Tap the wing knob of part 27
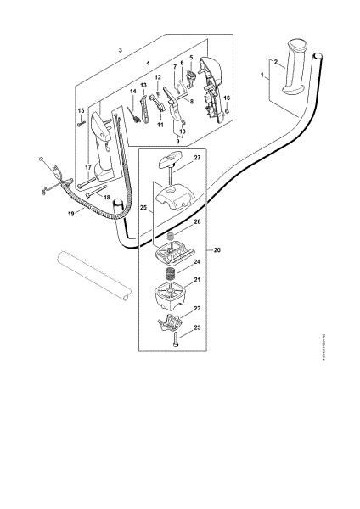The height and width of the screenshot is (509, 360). pyautogui.click(x=170, y=158)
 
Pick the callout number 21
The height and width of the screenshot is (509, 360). pyautogui.click(x=197, y=281)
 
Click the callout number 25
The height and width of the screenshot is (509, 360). pyautogui.click(x=143, y=207)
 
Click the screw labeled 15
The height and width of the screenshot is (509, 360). pyautogui.click(x=82, y=125)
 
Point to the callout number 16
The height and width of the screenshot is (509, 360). pyautogui.click(x=227, y=98)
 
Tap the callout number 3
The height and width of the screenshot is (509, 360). pyautogui.click(x=121, y=52)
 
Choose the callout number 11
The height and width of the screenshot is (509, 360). pyautogui.click(x=159, y=124)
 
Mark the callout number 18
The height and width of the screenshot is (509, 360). pyautogui.click(x=106, y=196)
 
